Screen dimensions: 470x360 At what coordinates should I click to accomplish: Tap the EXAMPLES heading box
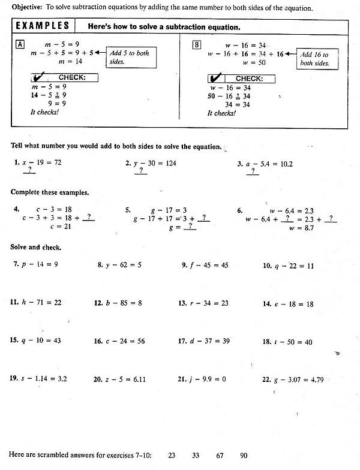(41, 27)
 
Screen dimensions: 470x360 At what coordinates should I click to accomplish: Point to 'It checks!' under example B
(221, 113)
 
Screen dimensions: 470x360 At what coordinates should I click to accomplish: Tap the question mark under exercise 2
(141, 171)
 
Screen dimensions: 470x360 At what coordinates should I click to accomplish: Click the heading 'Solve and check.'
(35, 247)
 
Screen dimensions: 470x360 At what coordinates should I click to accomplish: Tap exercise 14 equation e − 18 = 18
(294, 304)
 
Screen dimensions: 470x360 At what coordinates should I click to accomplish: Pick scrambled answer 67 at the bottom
(220, 456)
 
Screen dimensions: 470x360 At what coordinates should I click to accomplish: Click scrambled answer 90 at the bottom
(243, 456)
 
